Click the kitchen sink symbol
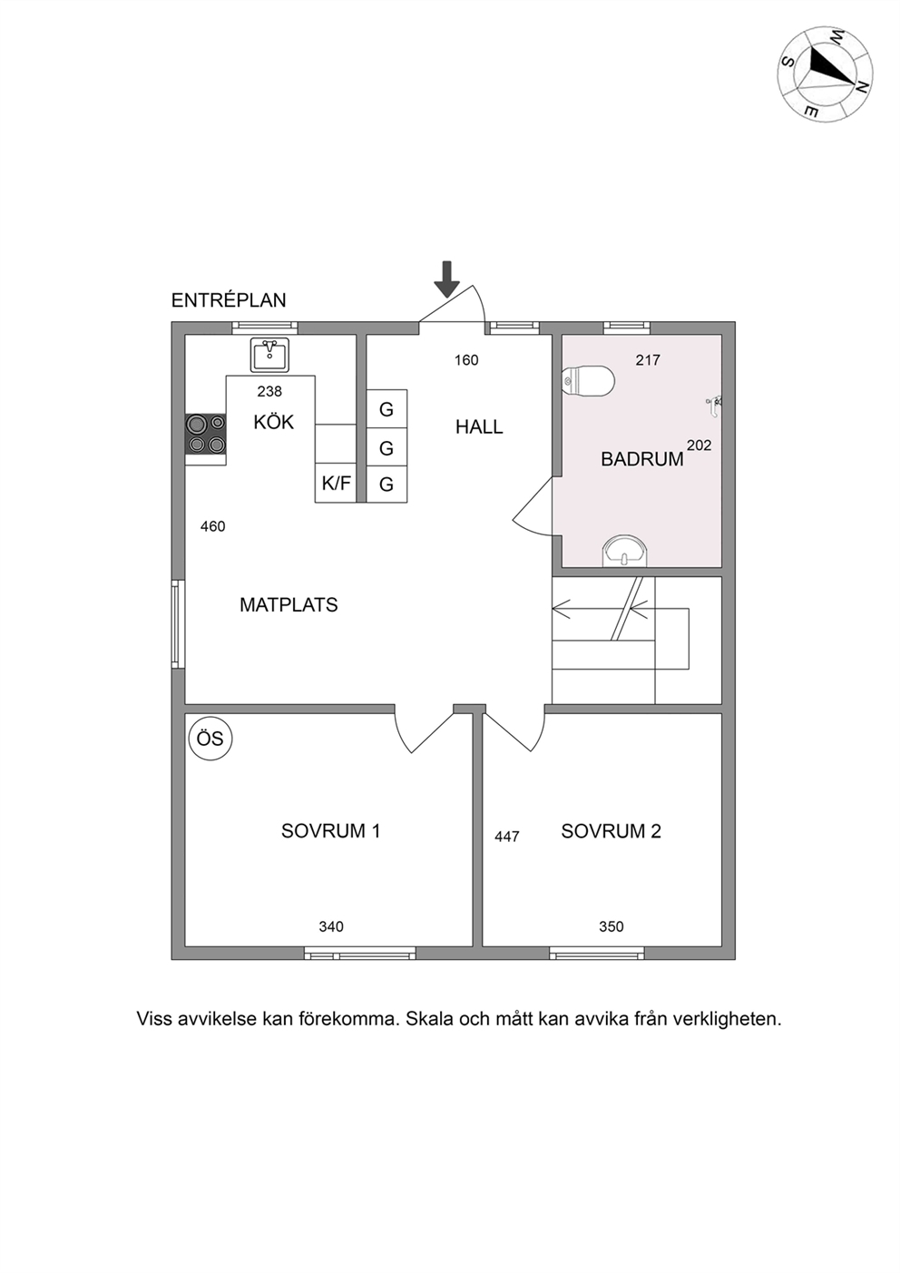point(269,355)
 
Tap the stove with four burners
point(206,435)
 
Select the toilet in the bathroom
point(588,379)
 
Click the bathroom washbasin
point(624,550)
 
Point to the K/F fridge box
point(336,483)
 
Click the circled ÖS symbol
point(210,739)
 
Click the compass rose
point(825,73)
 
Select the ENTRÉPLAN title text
point(229,300)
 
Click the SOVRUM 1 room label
point(330,831)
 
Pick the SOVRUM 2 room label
point(611,831)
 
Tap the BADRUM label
point(642,459)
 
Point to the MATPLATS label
point(289,604)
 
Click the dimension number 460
point(213,527)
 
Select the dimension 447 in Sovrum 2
point(507,837)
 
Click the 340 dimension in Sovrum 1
point(331,927)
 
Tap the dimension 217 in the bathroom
point(648,359)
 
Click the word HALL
point(479,426)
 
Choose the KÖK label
point(273,422)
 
